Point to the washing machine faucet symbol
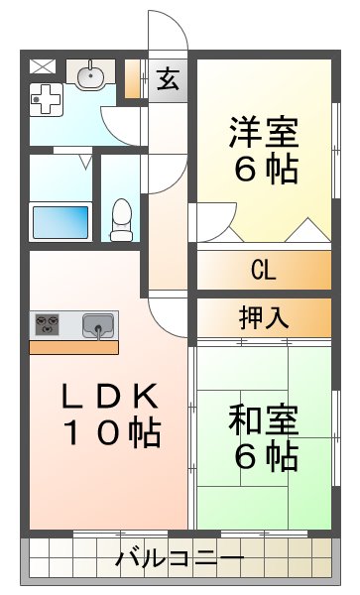(x=45, y=97)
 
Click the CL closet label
(x=263, y=270)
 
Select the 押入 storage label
(x=263, y=317)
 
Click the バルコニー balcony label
(x=180, y=559)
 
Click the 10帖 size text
(x=111, y=432)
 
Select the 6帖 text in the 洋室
(x=265, y=170)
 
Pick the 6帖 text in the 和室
(x=265, y=456)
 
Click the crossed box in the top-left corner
(x=43, y=67)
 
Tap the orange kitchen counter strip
(x=73, y=347)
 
